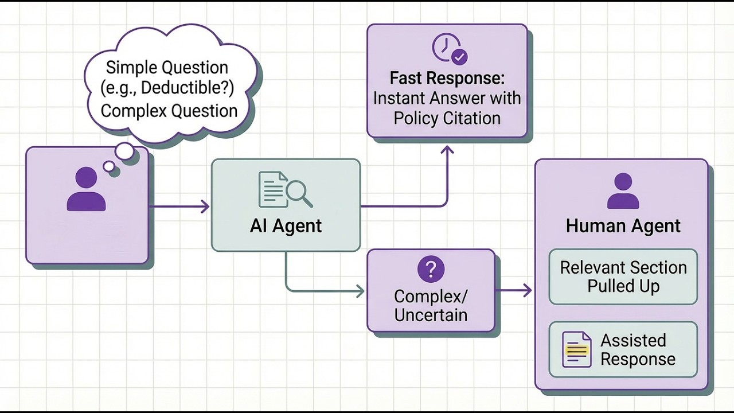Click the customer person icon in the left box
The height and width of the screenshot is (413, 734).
point(86,190)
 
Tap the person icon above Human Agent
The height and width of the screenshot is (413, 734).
point(623,192)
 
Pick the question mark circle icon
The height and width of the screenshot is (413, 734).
point(431,269)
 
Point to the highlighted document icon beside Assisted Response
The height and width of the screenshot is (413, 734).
point(576,349)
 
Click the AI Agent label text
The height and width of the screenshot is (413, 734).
point(286,225)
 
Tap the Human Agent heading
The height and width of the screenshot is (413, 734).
point(623,226)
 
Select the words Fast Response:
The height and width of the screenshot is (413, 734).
point(447,78)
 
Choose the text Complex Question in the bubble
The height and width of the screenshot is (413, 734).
point(169,110)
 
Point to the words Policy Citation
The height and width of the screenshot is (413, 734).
point(447,118)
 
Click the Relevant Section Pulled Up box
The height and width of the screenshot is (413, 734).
point(623,276)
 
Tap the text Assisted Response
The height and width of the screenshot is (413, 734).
point(637,349)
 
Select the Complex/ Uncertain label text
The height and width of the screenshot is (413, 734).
point(431,306)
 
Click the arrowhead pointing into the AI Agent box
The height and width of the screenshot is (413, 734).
point(205,206)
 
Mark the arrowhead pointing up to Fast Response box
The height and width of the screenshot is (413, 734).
point(447,150)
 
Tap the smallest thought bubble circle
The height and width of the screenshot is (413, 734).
point(108,166)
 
